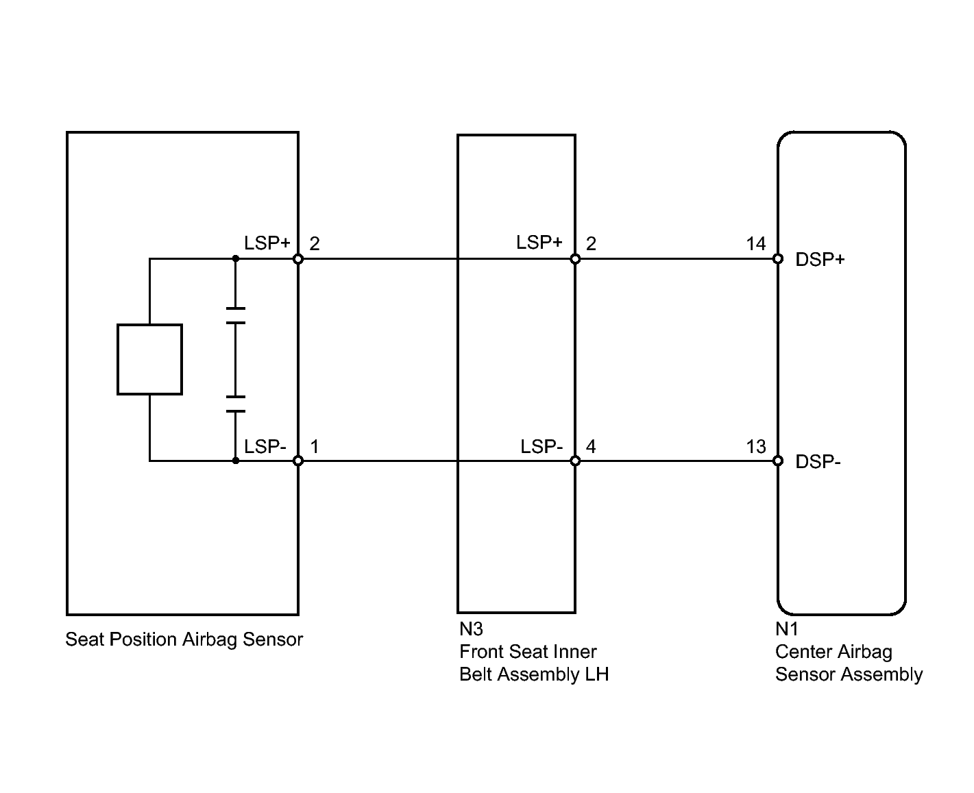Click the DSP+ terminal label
pos(820,259)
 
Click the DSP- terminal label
pos(818,461)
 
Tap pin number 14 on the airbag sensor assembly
pos(756,244)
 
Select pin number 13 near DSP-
pos(756,446)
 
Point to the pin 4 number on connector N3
pos(591,446)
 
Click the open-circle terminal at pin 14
pos(777,259)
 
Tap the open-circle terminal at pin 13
pos(777,461)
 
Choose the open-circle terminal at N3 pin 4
pos(575,461)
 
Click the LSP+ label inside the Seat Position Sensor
pos(267,243)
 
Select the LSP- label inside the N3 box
pos(541,446)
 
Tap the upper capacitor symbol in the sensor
pos(236,315)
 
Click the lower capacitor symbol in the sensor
pos(236,404)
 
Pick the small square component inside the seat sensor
pos(149,359)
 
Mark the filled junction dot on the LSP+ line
pos(236,259)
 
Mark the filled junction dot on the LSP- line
pos(236,461)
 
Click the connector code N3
pos(471,629)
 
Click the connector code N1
pos(786,629)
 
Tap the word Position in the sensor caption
pos(143,639)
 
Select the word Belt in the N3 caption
pos(475,674)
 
